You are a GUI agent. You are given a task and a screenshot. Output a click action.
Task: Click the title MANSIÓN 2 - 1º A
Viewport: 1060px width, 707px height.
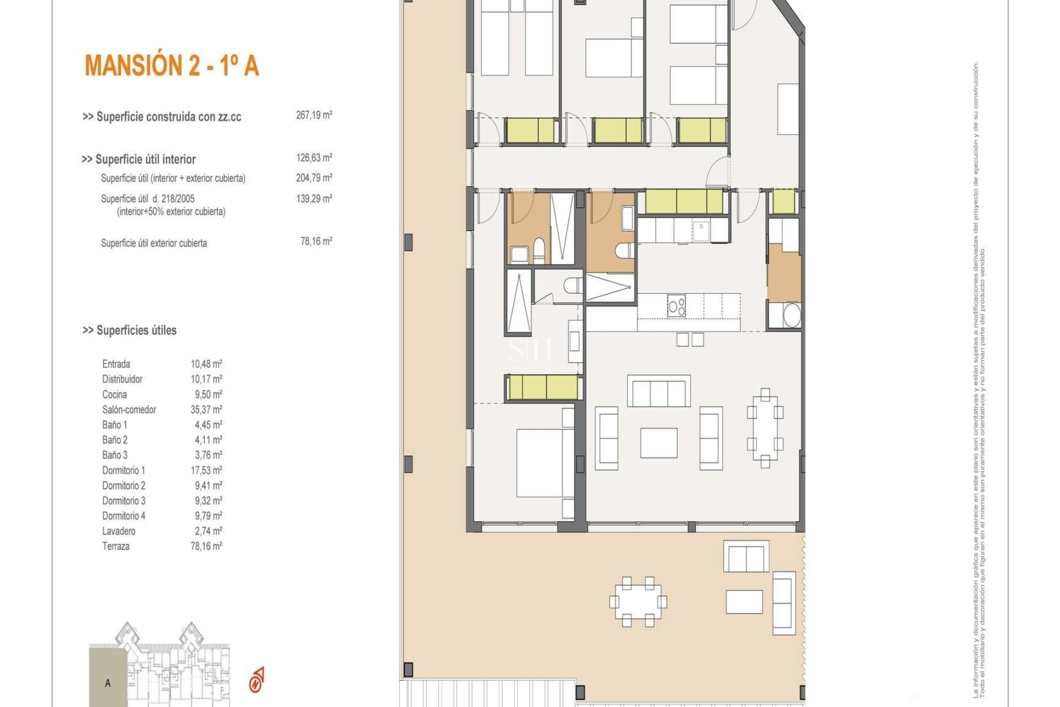point(172,65)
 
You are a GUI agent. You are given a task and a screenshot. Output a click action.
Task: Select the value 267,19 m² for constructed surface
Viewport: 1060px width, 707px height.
point(314,115)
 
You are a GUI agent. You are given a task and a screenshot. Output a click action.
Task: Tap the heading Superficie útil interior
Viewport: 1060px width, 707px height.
point(139,159)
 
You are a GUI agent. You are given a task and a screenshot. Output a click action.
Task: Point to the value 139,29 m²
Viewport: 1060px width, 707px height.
point(314,198)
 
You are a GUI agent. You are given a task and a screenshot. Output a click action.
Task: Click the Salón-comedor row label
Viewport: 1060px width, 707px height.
point(129,409)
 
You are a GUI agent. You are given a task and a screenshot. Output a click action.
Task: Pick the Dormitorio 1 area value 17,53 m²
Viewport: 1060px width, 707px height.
point(206,470)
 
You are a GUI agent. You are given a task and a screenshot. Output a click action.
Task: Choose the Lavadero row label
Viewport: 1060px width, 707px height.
point(118,531)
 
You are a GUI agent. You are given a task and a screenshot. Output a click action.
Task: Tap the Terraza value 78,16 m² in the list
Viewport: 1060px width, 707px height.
point(206,546)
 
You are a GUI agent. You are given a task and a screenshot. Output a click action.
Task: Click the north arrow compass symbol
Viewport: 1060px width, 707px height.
point(257,680)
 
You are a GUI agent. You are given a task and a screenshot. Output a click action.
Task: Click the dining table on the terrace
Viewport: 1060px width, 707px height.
point(638,602)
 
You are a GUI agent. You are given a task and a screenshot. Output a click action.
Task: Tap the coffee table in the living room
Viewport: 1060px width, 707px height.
point(659,442)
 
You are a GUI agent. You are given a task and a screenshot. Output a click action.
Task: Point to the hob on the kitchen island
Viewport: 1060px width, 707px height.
point(676,306)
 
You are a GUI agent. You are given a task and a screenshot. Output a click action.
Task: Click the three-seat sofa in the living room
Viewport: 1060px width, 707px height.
point(659,391)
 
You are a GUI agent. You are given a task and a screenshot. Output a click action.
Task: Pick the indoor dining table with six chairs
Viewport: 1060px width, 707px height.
point(765,428)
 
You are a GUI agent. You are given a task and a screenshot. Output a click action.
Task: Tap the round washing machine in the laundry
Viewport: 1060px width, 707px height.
point(792,315)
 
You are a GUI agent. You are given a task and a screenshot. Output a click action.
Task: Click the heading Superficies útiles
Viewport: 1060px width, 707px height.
point(130,330)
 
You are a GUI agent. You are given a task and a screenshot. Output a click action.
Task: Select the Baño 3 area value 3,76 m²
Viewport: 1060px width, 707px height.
point(206,455)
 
